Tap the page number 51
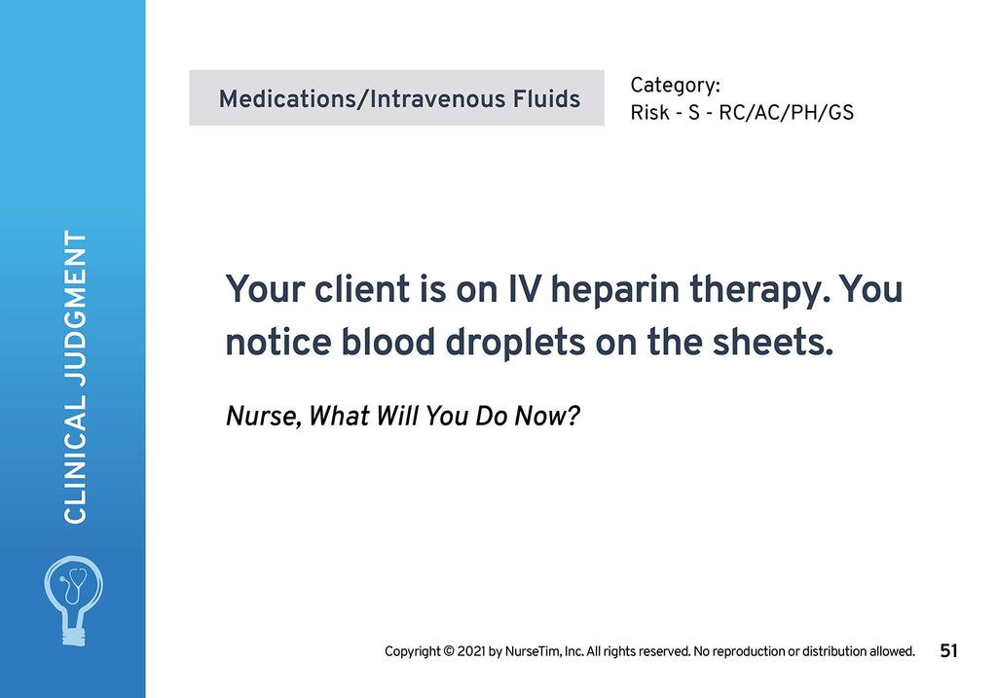point(948,651)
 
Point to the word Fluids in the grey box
point(545,99)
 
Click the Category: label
point(675,86)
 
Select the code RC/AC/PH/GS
point(786,113)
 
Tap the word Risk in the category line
point(649,113)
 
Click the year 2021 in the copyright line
point(472,651)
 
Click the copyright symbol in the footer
point(449,651)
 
